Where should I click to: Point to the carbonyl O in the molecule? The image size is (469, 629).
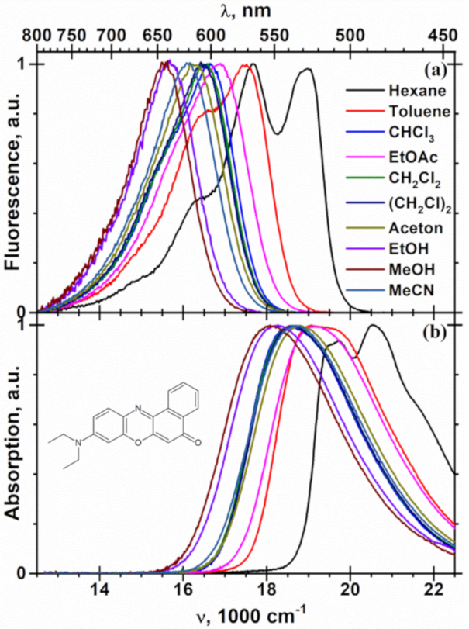click(x=198, y=444)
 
